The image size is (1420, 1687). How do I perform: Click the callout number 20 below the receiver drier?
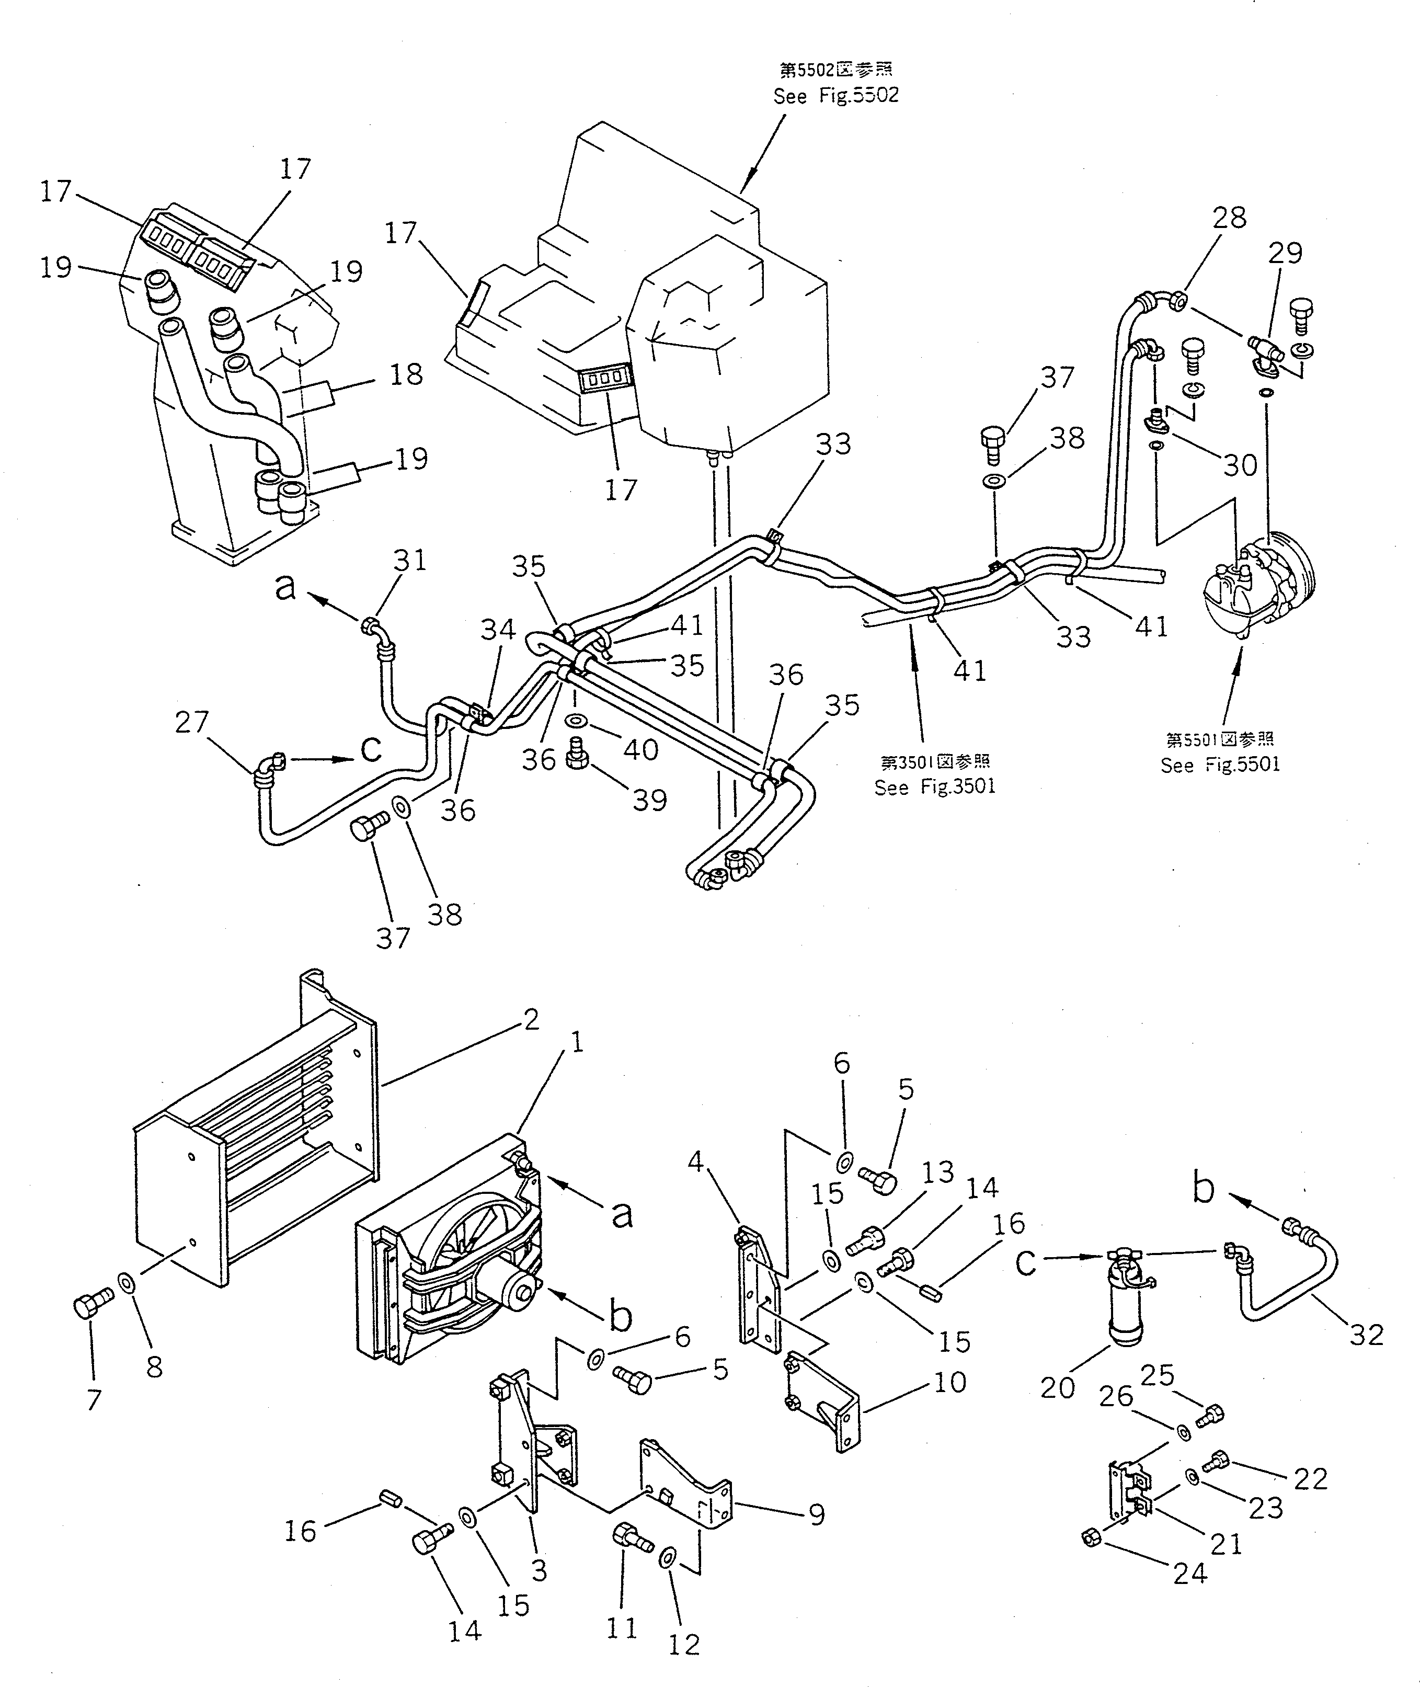(x=1057, y=1387)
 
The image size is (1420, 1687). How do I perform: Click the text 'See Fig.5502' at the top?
(x=835, y=96)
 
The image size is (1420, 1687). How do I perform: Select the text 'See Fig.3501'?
(x=935, y=786)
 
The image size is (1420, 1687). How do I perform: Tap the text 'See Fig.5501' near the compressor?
(x=1220, y=764)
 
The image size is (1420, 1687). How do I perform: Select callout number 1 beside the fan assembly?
(x=576, y=1044)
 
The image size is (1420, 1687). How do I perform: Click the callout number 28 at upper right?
(x=1229, y=218)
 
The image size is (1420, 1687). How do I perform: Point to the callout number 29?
(x=1285, y=253)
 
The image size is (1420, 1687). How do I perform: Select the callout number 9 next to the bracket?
(x=816, y=1514)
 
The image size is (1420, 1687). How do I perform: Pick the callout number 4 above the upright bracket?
(x=695, y=1160)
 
